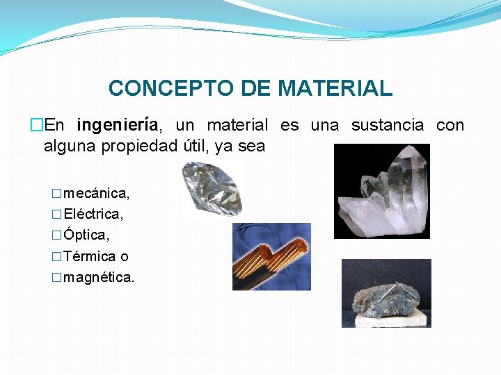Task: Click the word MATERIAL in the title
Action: [x=335, y=89]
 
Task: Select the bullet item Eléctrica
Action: [x=93, y=213]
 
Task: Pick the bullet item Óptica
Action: [x=86, y=235]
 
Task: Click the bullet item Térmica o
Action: [x=95, y=256]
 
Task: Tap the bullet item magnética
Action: [x=98, y=278]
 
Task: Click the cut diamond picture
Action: [x=212, y=189]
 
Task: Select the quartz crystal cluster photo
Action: [x=381, y=191]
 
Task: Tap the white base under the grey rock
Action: [x=387, y=320]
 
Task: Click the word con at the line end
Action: [x=450, y=126]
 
